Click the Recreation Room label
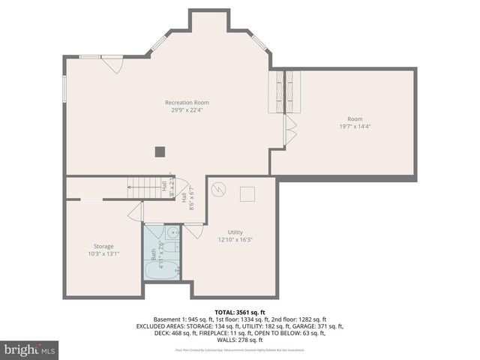187,102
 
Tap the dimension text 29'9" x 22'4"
187,109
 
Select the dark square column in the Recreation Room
160,151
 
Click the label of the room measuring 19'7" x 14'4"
355,119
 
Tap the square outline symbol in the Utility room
247,194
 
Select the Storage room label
103,246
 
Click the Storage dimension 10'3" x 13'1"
103,253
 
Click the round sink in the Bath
172,232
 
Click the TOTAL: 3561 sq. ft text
240,312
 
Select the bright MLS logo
30,349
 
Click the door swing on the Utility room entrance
193,231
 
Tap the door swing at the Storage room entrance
136,212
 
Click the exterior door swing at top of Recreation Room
112,64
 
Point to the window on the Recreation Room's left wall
64,87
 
